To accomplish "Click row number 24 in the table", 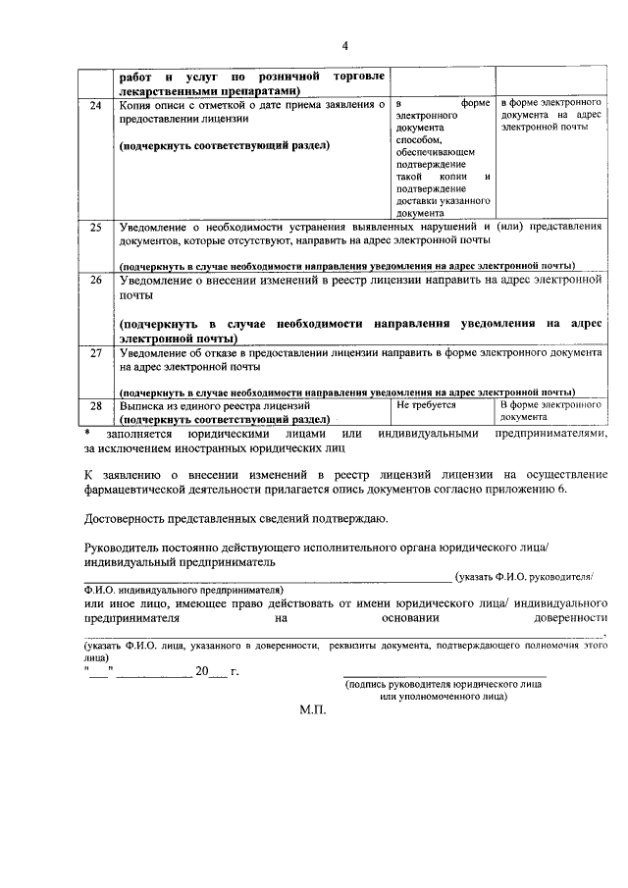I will click(x=96, y=105).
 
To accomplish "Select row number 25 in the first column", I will click(x=96, y=227).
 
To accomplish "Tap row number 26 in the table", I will click(x=96, y=280).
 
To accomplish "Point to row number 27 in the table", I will click(x=96, y=350).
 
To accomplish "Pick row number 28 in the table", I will click(x=96, y=403).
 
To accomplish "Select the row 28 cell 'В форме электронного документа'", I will click(x=549, y=409).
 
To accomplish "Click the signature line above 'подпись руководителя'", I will click(x=445, y=677).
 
